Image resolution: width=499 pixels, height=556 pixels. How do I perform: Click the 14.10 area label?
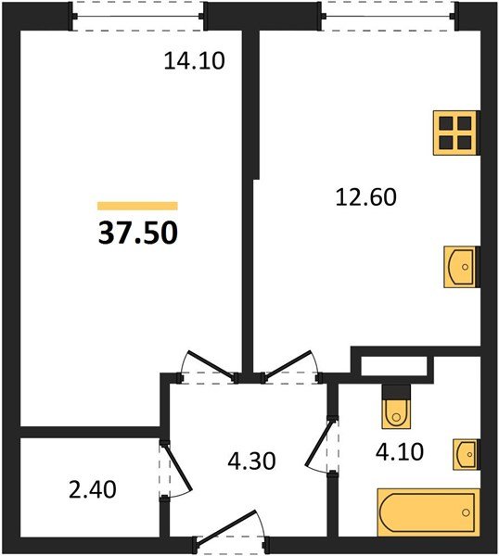[x=195, y=62]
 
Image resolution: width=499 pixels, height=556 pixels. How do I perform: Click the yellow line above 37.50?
[x=137, y=206]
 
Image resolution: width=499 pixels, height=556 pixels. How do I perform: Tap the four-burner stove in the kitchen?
[x=455, y=132]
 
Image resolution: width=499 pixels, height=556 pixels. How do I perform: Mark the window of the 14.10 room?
[x=138, y=16]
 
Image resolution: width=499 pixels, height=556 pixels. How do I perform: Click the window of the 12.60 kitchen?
[x=390, y=16]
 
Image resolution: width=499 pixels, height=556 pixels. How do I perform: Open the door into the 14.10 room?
[x=206, y=367]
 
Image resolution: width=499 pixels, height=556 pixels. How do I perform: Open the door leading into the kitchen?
[x=290, y=367]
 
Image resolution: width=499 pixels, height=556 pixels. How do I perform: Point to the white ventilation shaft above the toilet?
[x=394, y=364]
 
